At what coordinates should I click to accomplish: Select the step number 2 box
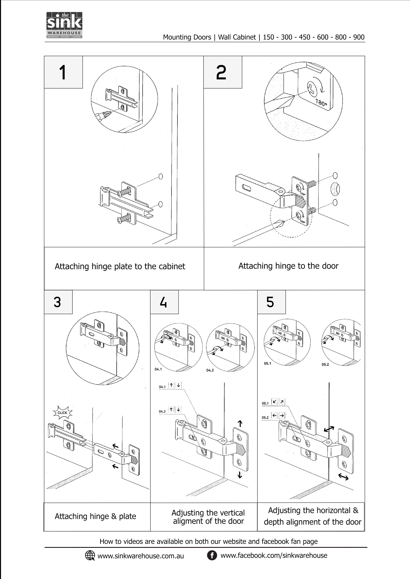click(222, 72)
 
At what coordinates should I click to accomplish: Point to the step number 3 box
click(58, 302)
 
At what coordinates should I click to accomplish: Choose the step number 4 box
click(164, 302)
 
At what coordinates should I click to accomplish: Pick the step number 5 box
click(271, 302)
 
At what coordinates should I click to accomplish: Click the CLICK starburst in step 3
click(62, 413)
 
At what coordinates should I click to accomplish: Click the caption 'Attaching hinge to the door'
click(288, 266)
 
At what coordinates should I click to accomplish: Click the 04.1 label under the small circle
click(158, 369)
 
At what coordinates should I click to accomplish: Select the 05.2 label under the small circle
click(325, 364)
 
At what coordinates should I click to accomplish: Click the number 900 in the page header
click(359, 37)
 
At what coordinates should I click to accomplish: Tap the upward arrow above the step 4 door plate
click(240, 423)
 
